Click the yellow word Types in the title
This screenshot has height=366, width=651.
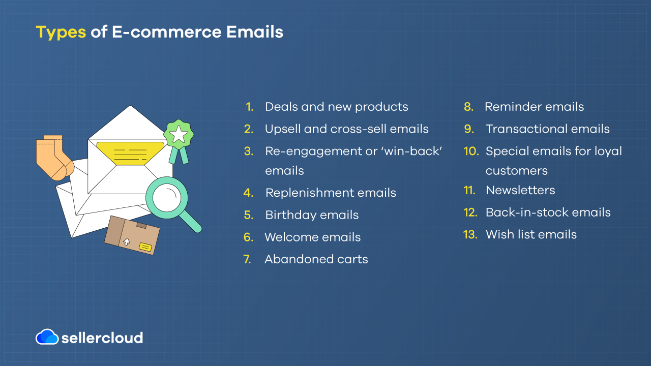pyautogui.click(x=61, y=32)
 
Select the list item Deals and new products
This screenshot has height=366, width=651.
pyautogui.click(x=336, y=107)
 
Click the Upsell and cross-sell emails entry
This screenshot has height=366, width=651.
pyautogui.click(x=346, y=129)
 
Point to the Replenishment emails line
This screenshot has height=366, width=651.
pyautogui.click(x=331, y=193)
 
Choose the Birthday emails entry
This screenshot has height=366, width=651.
pyautogui.click(x=312, y=215)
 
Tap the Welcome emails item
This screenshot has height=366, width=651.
pyautogui.click(x=312, y=237)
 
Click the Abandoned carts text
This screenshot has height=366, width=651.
pyautogui.click(x=316, y=259)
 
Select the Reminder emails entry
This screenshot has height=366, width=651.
pyautogui.click(x=534, y=107)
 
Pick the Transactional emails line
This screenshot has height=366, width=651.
pyautogui.click(x=547, y=129)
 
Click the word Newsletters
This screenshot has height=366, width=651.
pyautogui.click(x=520, y=190)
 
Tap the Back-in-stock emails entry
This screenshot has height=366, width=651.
pyautogui.click(x=548, y=212)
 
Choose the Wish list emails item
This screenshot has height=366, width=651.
pyautogui.click(x=531, y=234)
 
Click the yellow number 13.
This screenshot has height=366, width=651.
pyautogui.click(x=470, y=234)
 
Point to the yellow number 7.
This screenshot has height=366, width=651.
pyautogui.click(x=247, y=259)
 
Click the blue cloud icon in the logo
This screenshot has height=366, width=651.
pyautogui.click(x=47, y=337)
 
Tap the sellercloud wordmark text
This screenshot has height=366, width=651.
pyautogui.click(x=102, y=338)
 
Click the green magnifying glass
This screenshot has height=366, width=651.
pyautogui.click(x=168, y=199)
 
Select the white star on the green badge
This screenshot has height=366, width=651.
pyautogui.click(x=179, y=135)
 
